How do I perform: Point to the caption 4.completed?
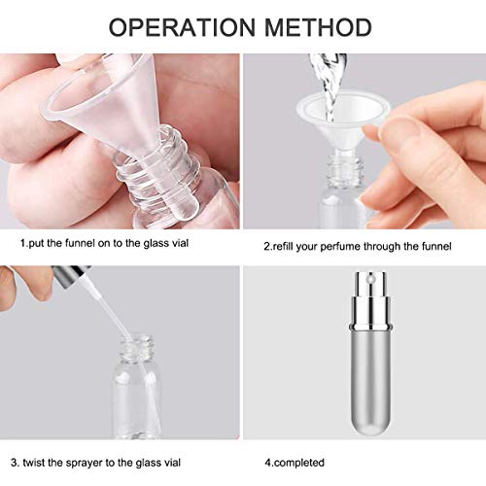300,463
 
